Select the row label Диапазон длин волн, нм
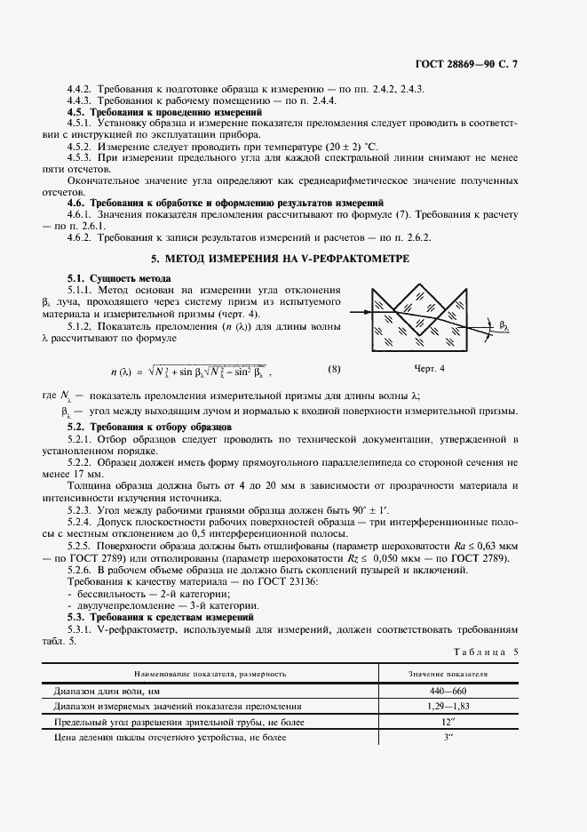[x=111, y=691]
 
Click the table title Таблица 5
[x=486, y=652]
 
